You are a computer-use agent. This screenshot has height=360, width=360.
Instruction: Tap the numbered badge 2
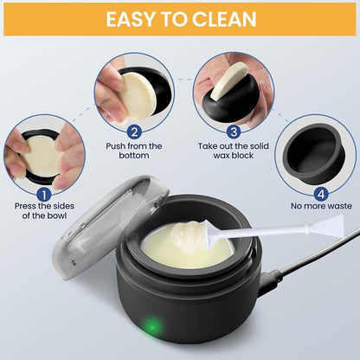pyautogui.click(x=134, y=132)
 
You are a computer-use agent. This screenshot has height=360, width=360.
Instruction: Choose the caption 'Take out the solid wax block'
pyautogui.click(x=231, y=157)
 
